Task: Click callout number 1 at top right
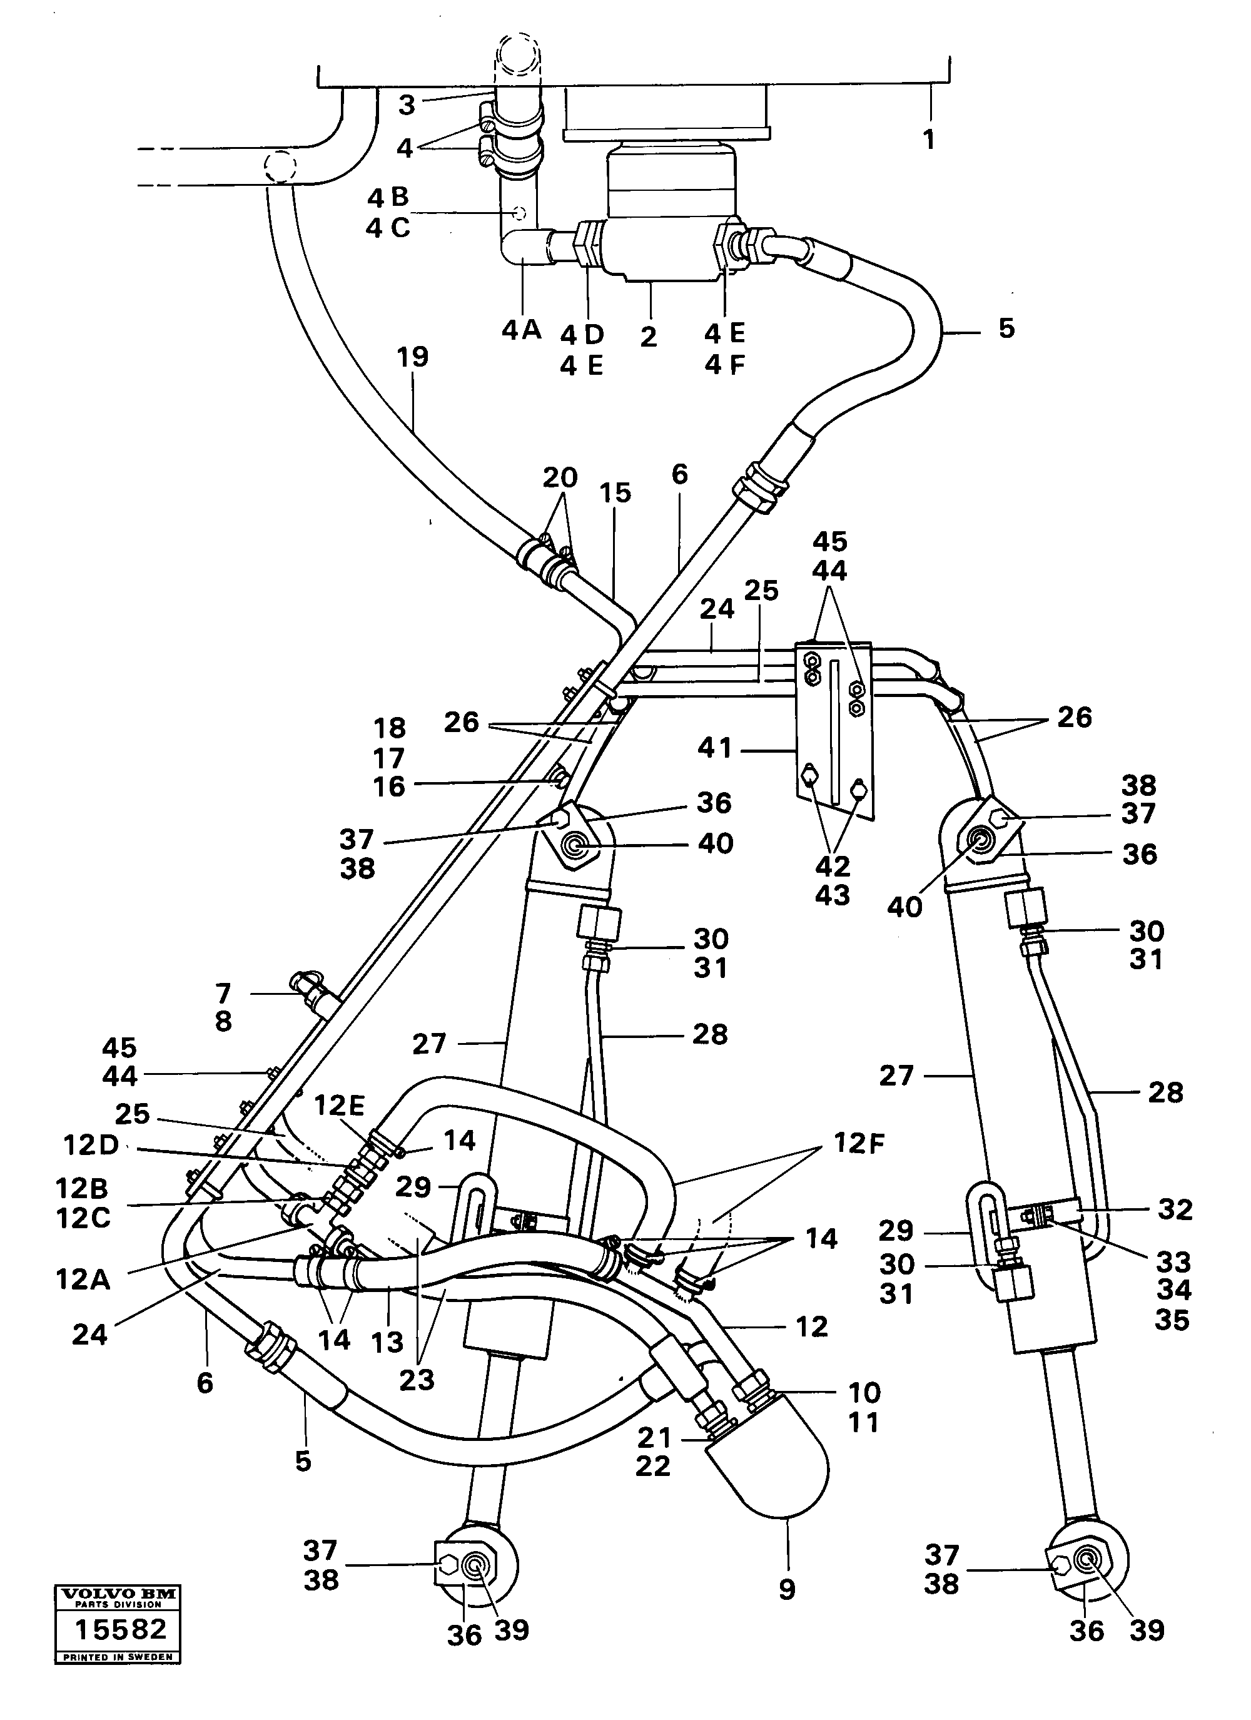(x=929, y=140)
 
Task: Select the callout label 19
(x=413, y=357)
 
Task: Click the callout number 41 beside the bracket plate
(x=715, y=750)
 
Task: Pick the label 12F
(x=859, y=1143)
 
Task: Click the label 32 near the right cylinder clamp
(x=1175, y=1209)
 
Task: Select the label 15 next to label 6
(x=615, y=493)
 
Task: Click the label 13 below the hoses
(x=387, y=1343)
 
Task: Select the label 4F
(x=725, y=365)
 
